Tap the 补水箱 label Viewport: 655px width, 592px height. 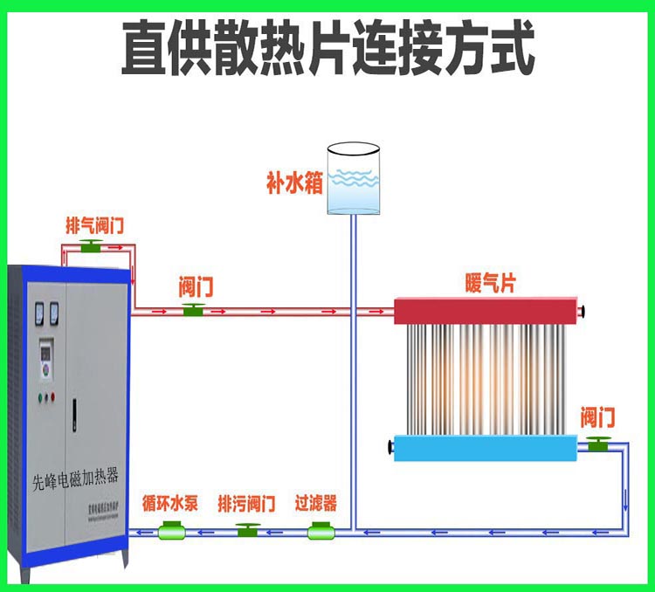point(294,184)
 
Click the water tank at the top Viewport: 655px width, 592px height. point(354,180)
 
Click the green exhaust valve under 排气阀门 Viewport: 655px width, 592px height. point(91,246)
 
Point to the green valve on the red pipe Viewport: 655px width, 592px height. point(193,309)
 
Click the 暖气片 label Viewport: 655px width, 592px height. point(490,285)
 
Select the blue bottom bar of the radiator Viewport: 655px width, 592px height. point(485,449)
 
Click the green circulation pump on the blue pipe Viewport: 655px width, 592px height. point(170,530)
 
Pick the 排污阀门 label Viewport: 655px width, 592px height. point(246,505)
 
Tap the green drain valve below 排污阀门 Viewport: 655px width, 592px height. point(248,530)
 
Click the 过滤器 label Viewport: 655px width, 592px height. point(315,505)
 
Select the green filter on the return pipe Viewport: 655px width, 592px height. point(321,530)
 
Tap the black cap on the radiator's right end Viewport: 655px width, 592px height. point(587,311)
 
